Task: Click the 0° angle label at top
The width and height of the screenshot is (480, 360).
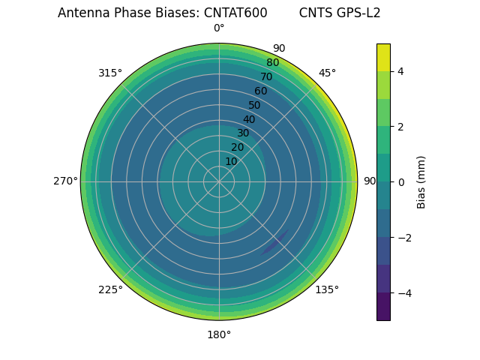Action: [x=219, y=28]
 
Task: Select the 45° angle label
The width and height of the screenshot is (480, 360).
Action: [x=327, y=73]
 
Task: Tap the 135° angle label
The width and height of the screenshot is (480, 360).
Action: [x=327, y=289]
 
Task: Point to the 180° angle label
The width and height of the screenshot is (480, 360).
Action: [x=219, y=334]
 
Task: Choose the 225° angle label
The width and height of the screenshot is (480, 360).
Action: [x=110, y=289]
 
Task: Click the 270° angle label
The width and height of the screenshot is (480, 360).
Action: [x=65, y=181]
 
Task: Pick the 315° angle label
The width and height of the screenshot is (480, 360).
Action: [x=110, y=73]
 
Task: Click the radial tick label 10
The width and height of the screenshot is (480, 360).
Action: [x=231, y=161]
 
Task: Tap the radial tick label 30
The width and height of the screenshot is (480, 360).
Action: [x=243, y=133]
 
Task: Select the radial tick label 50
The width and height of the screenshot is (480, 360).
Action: [x=254, y=106]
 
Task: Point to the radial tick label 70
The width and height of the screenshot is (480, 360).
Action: [x=266, y=76]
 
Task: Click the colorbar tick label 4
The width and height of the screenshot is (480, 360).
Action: [x=400, y=71]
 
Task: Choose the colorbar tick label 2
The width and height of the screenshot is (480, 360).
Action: [x=400, y=127]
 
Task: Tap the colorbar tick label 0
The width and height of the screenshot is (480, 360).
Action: [x=400, y=182]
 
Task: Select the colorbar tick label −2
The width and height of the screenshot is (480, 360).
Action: [x=403, y=238]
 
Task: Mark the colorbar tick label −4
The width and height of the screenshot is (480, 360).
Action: [x=403, y=293]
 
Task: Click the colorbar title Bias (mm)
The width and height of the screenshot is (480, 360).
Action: [x=421, y=182]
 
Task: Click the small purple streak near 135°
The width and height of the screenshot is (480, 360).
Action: [x=274, y=243]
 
